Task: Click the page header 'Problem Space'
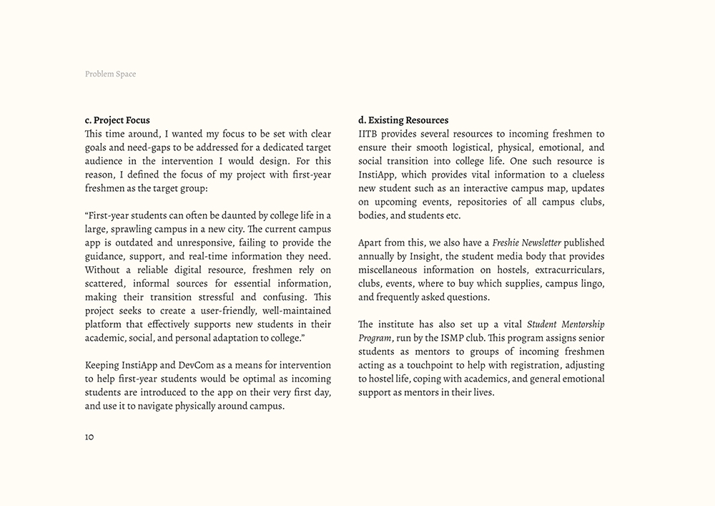coord(110,74)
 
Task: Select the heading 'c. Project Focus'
coord(117,120)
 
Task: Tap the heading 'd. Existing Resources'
coord(403,120)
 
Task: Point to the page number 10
coord(89,437)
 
